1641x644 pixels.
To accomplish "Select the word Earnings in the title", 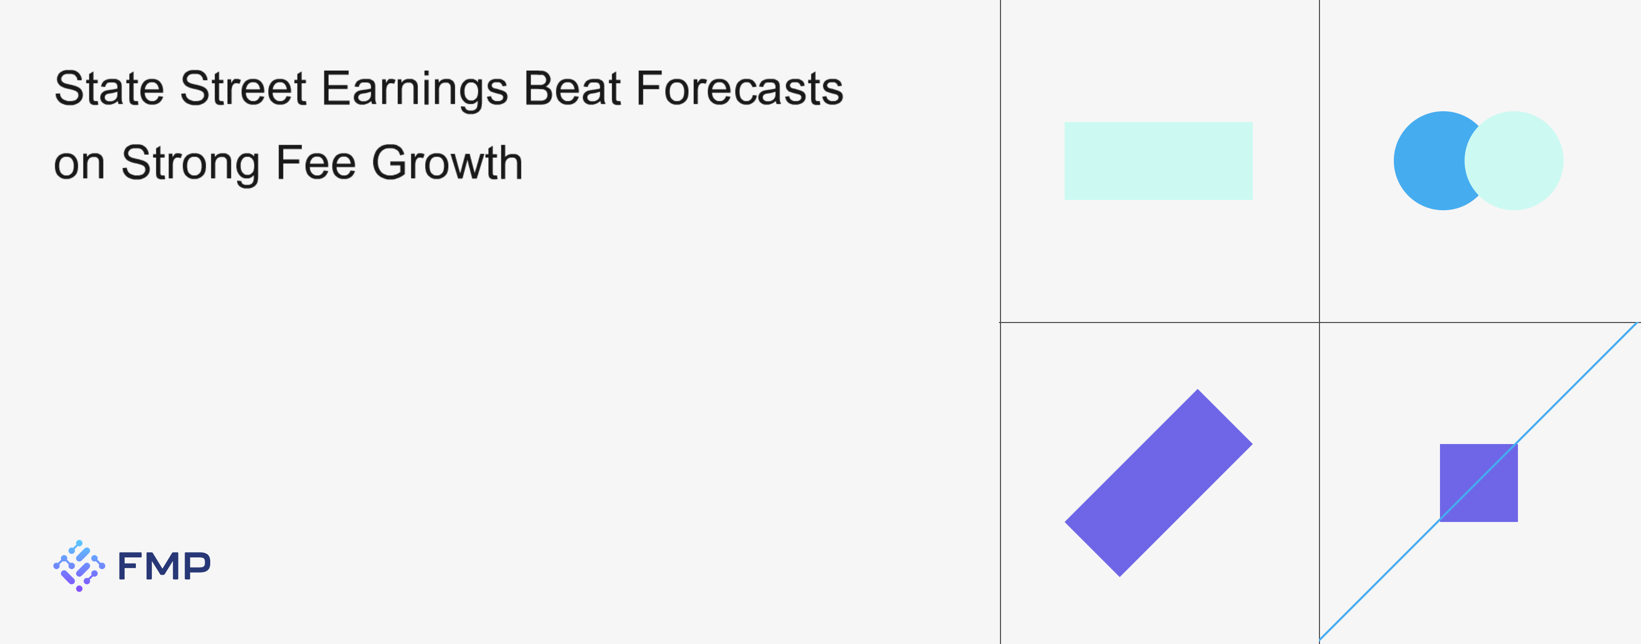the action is pos(415,90).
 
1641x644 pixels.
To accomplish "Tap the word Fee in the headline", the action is pos(316,163).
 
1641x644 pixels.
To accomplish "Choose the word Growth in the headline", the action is pos(447,163).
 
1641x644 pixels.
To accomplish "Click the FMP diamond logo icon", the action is pos(79,566).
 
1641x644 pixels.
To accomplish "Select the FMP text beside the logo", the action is pos(164,566).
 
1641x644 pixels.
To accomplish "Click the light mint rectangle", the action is pos(1158,161).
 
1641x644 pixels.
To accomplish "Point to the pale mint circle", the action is pos(1514,160).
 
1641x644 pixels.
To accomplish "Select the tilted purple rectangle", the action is pos(1158,483).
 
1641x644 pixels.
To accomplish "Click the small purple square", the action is pos(1478,483).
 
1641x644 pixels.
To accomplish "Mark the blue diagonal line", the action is pos(1478,481).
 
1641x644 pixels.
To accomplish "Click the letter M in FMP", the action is pos(164,566).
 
